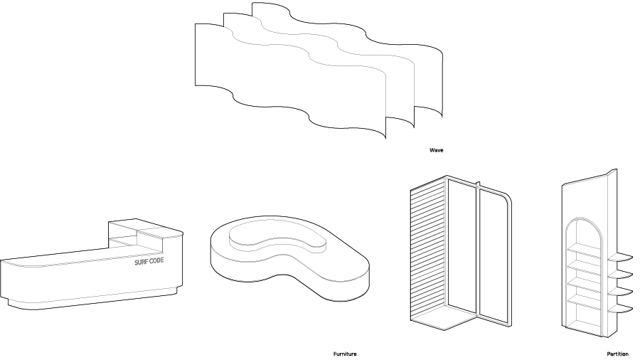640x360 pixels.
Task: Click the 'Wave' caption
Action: (436, 151)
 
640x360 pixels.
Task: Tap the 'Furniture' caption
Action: (345, 354)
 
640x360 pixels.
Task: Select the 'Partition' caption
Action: (617, 354)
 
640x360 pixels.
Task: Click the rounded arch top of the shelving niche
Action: (583, 224)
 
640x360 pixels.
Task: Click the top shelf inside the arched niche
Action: (583, 249)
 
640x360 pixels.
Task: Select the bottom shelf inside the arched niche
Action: (583, 302)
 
